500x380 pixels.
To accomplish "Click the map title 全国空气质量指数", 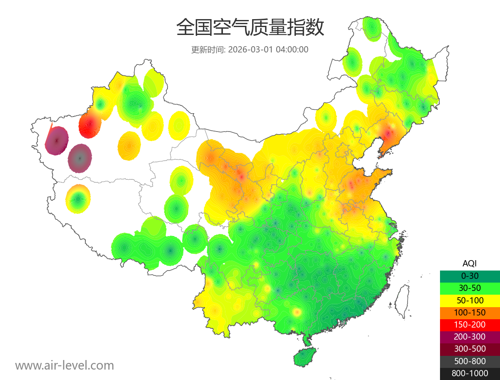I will [x=250, y=28].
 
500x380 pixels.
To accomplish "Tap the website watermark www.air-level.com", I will [x=65, y=365].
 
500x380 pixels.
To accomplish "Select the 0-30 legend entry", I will [x=470, y=276].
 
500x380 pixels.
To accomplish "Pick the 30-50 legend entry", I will [x=470, y=288].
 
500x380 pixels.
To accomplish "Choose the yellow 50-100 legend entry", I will [x=470, y=300].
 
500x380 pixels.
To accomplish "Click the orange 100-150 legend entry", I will [x=470, y=312].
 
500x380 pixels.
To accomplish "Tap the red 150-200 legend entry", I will [x=470, y=325].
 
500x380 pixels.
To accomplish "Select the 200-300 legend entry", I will [x=470, y=337].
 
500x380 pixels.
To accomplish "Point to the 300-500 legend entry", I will [x=470, y=349].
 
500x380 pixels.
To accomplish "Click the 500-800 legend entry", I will [x=470, y=361].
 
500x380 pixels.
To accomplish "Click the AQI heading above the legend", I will [x=470, y=263].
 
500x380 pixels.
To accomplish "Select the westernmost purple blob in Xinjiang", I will [x=57, y=140].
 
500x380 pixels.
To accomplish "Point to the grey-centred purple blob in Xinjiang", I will [x=80, y=158].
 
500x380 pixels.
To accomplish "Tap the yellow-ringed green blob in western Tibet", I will [x=78, y=199].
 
